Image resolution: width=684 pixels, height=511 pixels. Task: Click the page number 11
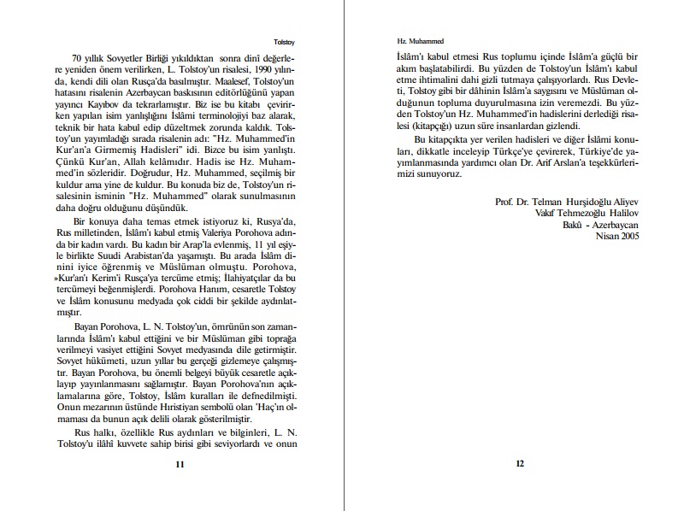click(x=180, y=464)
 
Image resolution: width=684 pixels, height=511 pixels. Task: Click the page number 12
click(x=519, y=464)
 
